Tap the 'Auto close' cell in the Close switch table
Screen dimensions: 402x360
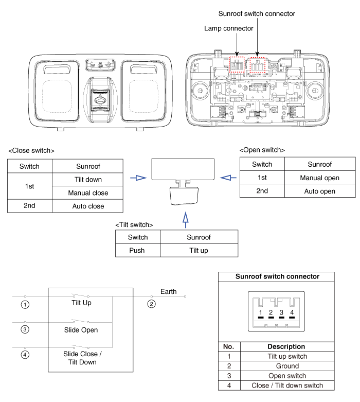point(88,206)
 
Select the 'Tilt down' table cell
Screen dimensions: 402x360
point(88,179)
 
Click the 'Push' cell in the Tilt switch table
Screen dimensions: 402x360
point(138,250)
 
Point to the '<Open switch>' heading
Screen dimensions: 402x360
point(262,150)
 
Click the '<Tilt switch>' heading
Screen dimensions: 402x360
point(134,225)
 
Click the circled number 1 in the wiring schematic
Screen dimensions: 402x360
point(25,304)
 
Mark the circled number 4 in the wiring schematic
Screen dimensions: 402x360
point(25,355)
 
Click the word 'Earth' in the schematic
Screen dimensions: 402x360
point(168,291)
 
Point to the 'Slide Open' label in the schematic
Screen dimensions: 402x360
point(81,329)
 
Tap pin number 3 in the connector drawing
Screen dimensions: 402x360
point(281,312)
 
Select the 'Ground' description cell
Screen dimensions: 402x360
point(287,366)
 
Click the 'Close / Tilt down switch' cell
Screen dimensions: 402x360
point(287,386)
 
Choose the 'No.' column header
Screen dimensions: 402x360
point(229,346)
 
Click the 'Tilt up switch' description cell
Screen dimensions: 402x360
point(287,356)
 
